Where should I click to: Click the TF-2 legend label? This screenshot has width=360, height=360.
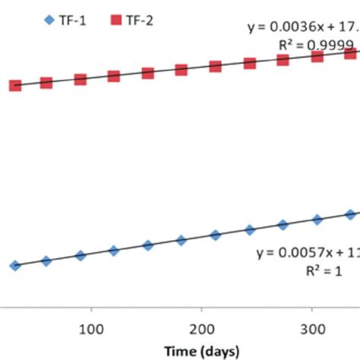click(x=137, y=21)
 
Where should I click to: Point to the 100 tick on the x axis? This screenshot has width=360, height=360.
click(x=91, y=330)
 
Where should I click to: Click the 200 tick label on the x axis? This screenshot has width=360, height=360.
click(x=201, y=330)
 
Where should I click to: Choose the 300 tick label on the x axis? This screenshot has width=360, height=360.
click(x=311, y=330)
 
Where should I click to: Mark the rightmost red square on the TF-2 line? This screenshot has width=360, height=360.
click(x=351, y=54)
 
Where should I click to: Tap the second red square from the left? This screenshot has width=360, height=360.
click(x=46, y=82)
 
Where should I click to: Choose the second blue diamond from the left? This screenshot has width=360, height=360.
click(x=46, y=261)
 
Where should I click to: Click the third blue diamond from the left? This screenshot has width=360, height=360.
click(x=81, y=255)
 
